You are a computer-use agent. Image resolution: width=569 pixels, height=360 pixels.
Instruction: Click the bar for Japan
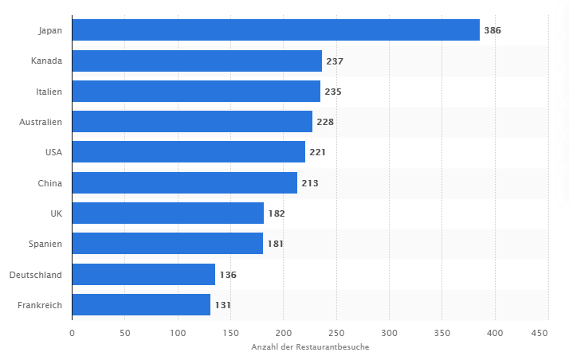click(276, 30)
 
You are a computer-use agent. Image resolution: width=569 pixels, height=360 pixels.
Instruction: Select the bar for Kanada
click(197, 61)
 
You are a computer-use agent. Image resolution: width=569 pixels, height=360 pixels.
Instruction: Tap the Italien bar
click(196, 92)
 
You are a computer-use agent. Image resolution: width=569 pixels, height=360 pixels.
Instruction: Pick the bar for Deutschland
click(143, 275)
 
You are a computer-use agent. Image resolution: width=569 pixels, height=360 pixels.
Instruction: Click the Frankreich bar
click(141, 305)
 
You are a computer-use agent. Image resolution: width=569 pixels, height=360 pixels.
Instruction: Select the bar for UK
click(167, 213)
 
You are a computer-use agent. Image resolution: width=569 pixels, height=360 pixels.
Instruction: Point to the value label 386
click(492, 30)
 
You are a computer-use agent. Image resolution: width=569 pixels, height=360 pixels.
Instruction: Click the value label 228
click(325, 122)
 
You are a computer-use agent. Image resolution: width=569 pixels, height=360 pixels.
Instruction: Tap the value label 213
click(310, 183)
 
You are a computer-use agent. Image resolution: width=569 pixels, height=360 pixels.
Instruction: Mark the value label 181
click(276, 244)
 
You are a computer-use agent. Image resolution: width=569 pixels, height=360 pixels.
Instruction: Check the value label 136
click(228, 275)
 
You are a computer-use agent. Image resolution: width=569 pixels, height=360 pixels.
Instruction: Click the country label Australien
click(41, 122)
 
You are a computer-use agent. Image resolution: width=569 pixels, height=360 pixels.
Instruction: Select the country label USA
click(53, 152)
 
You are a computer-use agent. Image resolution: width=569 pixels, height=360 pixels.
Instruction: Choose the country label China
click(49, 183)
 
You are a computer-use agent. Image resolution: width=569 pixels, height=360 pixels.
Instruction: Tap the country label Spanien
click(45, 244)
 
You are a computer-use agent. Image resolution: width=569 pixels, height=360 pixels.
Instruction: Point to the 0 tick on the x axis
click(72, 332)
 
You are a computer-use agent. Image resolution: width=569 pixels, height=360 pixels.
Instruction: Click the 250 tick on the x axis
click(336, 332)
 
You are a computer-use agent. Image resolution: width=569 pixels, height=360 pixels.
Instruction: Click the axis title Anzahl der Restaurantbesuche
click(310, 347)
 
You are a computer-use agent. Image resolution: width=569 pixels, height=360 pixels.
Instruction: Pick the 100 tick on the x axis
click(178, 332)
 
